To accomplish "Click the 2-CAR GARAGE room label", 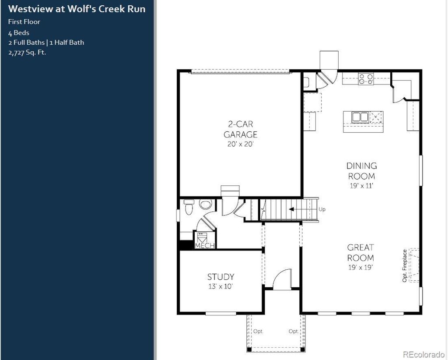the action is pos(240,129).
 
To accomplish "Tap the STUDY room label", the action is pos(220,277).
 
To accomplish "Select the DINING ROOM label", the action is pos(361,171).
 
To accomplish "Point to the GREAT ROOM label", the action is pos(360,253).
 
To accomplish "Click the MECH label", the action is pos(205,246).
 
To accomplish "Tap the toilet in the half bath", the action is pos(189,207).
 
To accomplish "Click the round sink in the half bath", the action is pos(205,205).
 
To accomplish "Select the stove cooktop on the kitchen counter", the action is pos(366,79).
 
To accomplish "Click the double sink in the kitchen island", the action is pos(360,117).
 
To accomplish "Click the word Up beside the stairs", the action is pos(322,209).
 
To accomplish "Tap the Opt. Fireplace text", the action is pos(404,266).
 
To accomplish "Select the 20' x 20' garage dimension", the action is pos(240,144).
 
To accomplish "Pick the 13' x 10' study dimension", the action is pos(220,286).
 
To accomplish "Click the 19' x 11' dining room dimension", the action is pos(361,186).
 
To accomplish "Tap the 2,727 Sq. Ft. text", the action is pos(27,53).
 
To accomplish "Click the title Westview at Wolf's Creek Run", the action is pos(77,9).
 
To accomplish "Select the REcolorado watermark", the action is pos(423,354).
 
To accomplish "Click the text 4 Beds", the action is pos(18,33).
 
